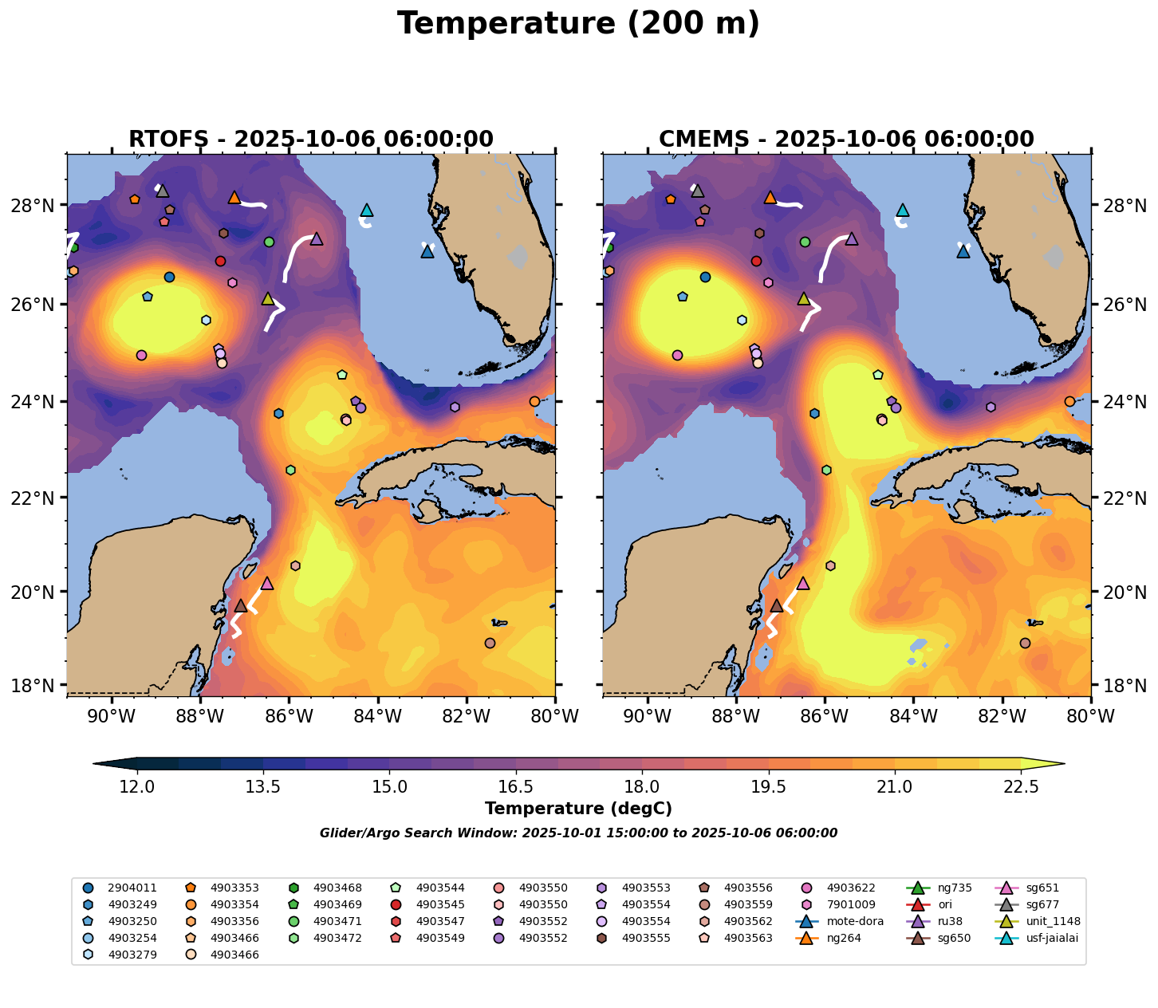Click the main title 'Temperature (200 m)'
click(578, 24)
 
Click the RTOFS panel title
click(311, 140)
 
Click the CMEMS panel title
click(846, 140)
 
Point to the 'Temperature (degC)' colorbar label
click(578, 809)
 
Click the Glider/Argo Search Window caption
click(578, 833)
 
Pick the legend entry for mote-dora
click(847, 921)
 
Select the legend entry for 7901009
click(850, 904)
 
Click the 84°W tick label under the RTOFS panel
click(377, 717)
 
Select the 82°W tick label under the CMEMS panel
click(1002, 717)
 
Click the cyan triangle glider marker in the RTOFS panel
click(367, 211)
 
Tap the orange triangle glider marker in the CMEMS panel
click(770, 198)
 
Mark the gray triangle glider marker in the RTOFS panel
click(163, 191)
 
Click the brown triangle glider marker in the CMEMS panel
click(776, 606)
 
